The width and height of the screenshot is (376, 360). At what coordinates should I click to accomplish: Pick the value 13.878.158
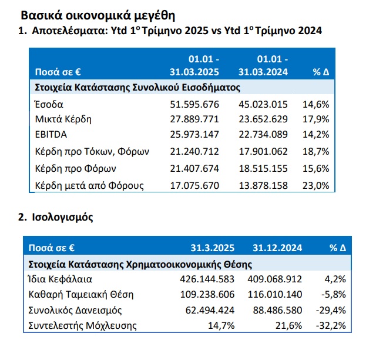tap(263, 186)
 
